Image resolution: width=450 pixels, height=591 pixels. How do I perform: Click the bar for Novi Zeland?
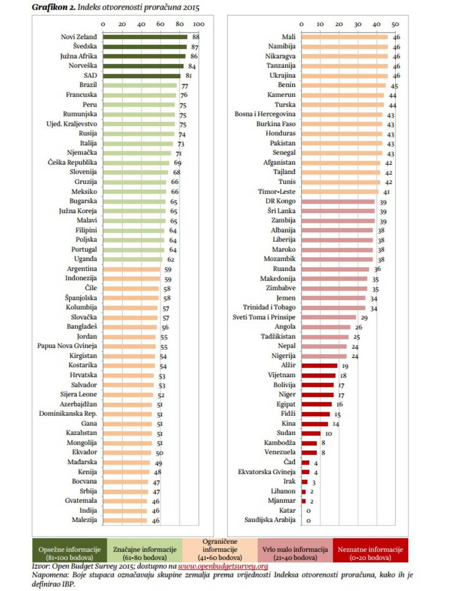pos(145,37)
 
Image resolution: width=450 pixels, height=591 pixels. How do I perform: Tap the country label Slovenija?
pos(83,172)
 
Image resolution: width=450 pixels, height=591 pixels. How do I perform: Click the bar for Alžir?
pos(319,366)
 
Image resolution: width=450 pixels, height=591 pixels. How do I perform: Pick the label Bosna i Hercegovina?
pos(265,114)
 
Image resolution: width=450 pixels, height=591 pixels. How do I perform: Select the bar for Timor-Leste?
pos(340,191)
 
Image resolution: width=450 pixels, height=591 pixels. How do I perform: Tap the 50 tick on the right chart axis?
pos(395,24)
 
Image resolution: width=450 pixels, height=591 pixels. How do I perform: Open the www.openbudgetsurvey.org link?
pos(222,566)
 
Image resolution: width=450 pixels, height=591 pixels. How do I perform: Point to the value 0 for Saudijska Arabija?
pos(308,520)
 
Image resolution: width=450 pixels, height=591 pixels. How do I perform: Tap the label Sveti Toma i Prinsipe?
pos(264,317)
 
